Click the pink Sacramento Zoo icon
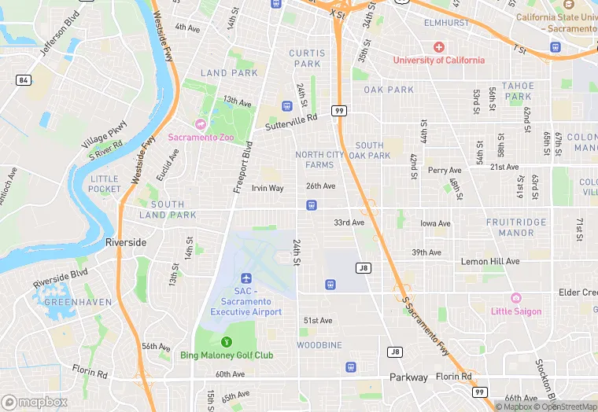(200, 124)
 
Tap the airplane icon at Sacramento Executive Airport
(246, 279)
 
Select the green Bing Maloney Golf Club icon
(227, 341)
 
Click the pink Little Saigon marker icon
(516, 298)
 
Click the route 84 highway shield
(23, 80)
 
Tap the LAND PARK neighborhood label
(229, 73)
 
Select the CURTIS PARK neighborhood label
(306, 58)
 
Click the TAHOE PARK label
(519, 91)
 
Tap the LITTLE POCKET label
(105, 183)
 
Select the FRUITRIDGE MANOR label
(510, 227)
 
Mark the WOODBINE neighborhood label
(319, 345)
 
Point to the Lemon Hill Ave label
(490, 261)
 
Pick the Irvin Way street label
(268, 189)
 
